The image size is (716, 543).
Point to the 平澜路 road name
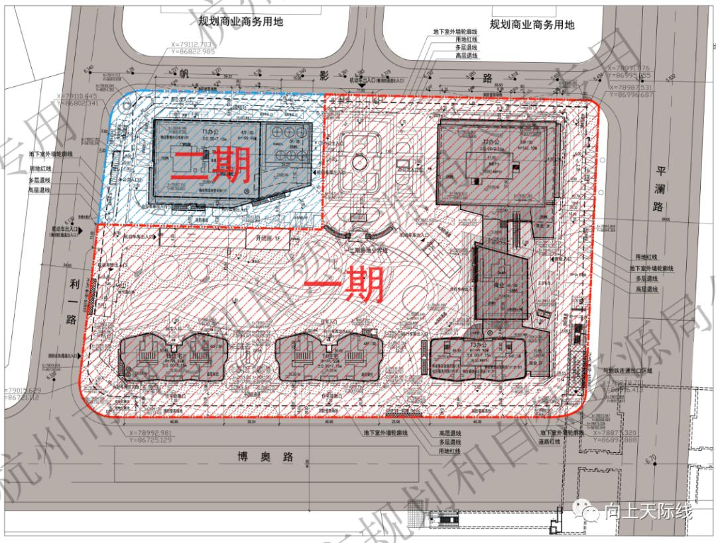(x=659, y=189)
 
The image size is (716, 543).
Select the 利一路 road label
(x=74, y=302)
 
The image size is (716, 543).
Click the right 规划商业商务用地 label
(x=532, y=25)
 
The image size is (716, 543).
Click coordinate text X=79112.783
(x=188, y=44)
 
